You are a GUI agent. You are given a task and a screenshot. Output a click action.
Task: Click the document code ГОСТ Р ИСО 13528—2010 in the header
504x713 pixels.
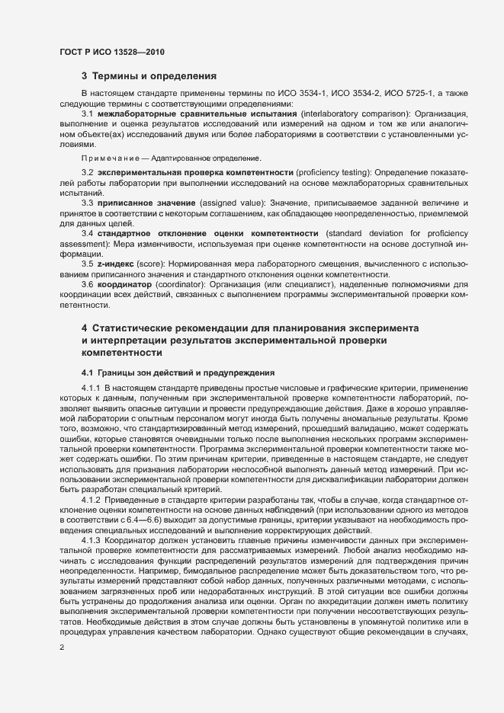point(111,52)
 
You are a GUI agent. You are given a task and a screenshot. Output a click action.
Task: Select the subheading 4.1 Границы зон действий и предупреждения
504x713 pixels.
point(172,372)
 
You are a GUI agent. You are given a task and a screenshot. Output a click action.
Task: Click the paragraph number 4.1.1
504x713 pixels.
point(91,388)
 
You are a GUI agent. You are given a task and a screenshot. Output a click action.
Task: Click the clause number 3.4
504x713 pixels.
point(88,233)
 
